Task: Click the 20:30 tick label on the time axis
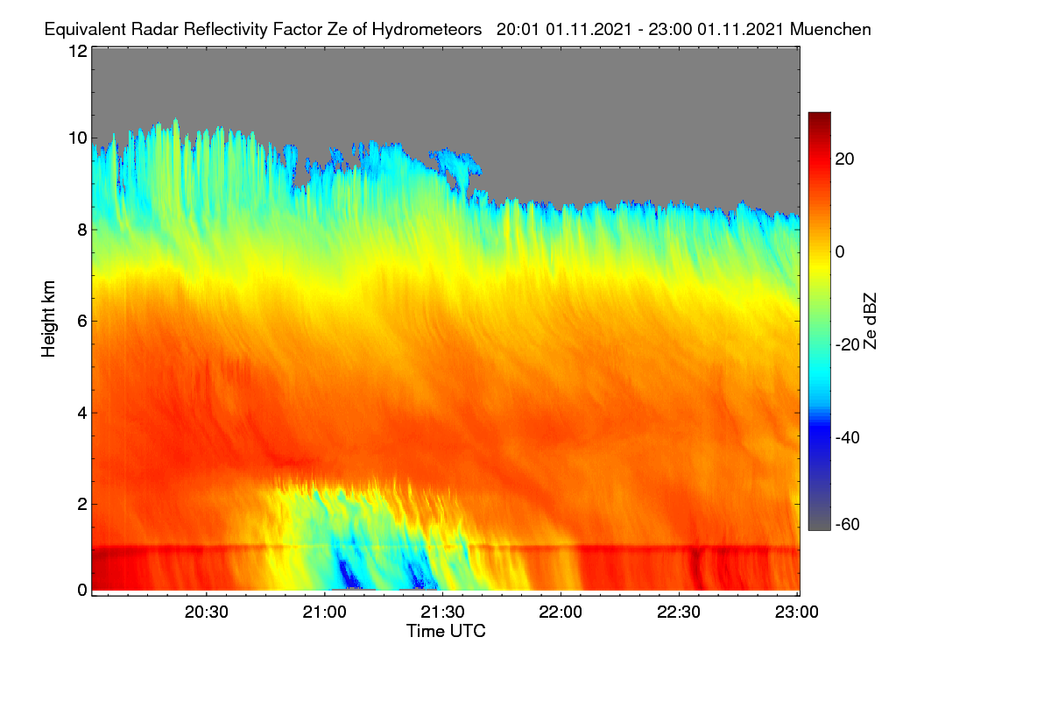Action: (206, 612)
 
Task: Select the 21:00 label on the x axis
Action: (324, 612)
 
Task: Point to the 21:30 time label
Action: (442, 612)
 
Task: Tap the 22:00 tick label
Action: (561, 612)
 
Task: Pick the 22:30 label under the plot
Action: (679, 612)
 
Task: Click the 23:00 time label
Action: (797, 612)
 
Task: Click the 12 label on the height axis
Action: (78, 51)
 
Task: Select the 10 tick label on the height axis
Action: (78, 138)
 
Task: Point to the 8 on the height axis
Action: (82, 230)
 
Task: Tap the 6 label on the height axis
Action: (82, 322)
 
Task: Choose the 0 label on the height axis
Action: (82, 590)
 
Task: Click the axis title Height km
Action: (48, 319)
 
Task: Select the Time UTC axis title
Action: (446, 632)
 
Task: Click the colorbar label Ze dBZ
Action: (870, 322)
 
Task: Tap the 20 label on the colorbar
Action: (844, 159)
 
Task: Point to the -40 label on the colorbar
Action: (848, 437)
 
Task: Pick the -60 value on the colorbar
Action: (848, 525)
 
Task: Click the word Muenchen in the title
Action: (830, 30)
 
